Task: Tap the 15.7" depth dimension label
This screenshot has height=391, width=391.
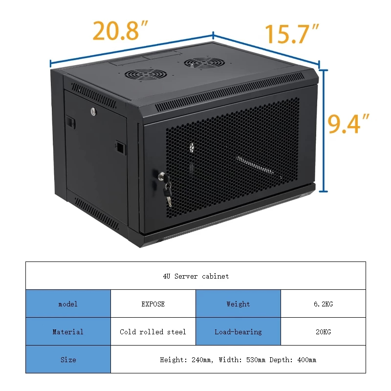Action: pyautogui.click(x=292, y=34)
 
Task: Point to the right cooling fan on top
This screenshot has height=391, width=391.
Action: pyautogui.click(x=201, y=64)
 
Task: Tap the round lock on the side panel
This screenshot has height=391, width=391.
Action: pyautogui.click(x=93, y=112)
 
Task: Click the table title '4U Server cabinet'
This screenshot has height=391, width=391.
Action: pyautogui.click(x=195, y=276)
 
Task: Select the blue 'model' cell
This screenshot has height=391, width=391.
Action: pyautogui.click(x=68, y=304)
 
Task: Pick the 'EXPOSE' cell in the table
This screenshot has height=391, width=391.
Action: pyautogui.click(x=153, y=304)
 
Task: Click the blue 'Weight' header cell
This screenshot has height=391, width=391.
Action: pyautogui.click(x=238, y=304)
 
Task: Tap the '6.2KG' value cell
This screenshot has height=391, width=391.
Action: pyautogui.click(x=323, y=304)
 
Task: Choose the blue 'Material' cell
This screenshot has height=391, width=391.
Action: pyautogui.click(x=68, y=332)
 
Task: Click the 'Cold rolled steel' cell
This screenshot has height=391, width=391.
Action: pyautogui.click(x=153, y=332)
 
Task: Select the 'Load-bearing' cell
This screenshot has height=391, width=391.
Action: pyautogui.click(x=238, y=332)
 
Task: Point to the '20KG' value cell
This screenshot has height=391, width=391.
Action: pyautogui.click(x=323, y=332)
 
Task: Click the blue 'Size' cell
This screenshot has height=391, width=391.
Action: pyautogui.click(x=68, y=360)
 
